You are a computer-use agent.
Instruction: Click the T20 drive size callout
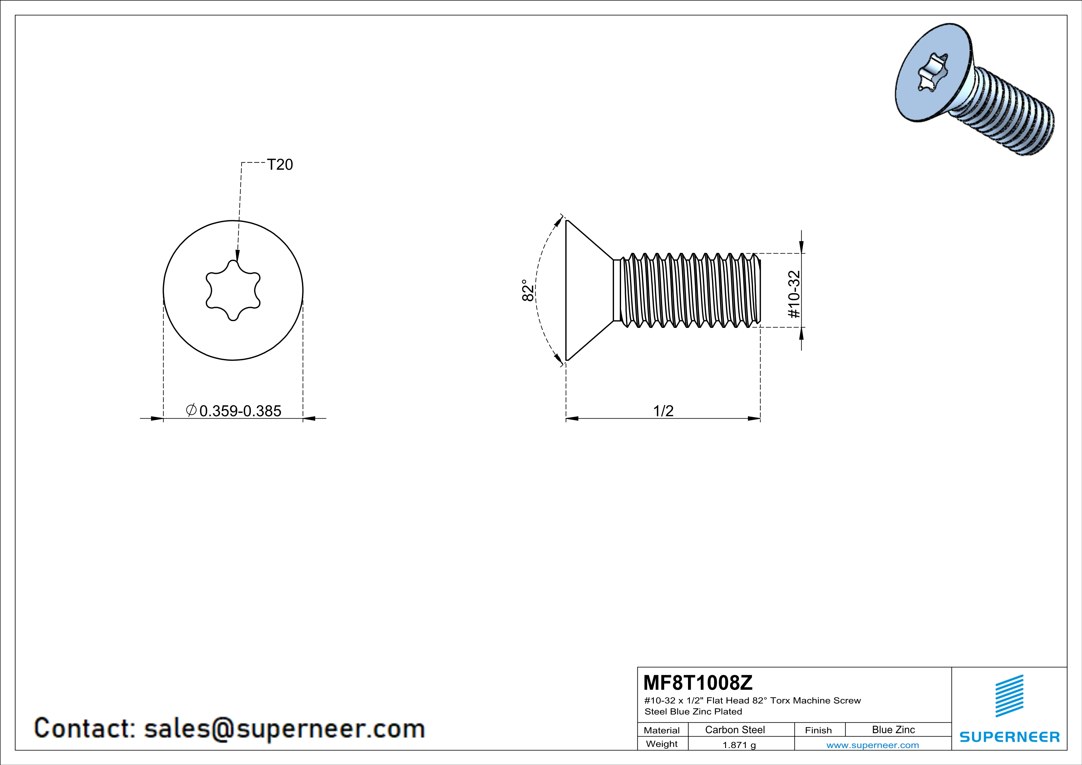[x=280, y=164]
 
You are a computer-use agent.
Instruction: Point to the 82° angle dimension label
[x=528, y=290]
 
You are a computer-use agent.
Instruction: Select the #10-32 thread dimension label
[x=794, y=294]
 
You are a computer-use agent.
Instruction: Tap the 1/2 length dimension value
[x=663, y=411]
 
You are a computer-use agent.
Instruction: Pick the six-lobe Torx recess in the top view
[x=233, y=290]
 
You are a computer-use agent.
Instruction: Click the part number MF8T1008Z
[x=698, y=682]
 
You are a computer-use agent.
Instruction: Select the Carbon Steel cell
[x=735, y=730]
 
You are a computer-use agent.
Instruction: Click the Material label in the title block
[x=662, y=730]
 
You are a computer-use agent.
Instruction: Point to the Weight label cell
[x=662, y=744]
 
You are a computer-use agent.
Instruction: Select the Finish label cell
[x=818, y=730]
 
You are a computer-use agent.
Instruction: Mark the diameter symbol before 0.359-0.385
[x=191, y=410]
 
